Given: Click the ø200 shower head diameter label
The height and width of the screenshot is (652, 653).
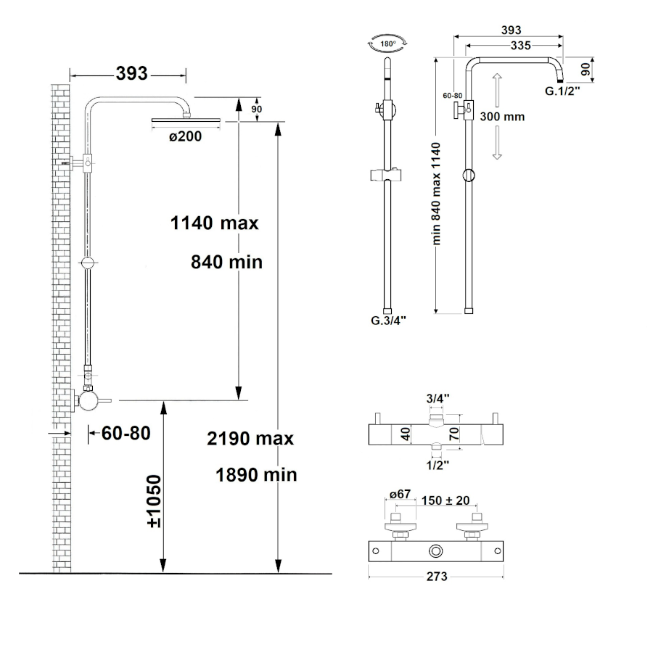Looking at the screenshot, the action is click(185, 136).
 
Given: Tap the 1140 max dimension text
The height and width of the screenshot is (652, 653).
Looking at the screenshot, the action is click(215, 223).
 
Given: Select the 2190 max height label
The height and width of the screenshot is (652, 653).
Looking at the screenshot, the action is click(250, 438).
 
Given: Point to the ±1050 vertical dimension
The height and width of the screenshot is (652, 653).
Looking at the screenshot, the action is click(154, 501).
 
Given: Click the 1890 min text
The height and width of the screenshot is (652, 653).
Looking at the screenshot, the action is click(256, 474).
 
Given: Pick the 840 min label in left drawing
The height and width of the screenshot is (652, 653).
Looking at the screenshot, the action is click(226, 263).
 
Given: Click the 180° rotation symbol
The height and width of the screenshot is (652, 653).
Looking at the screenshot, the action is click(387, 44).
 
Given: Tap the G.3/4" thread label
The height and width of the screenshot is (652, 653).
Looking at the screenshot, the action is click(388, 320).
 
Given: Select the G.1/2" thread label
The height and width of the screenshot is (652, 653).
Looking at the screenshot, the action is click(562, 91).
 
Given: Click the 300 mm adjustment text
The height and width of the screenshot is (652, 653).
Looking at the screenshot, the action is click(502, 117).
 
